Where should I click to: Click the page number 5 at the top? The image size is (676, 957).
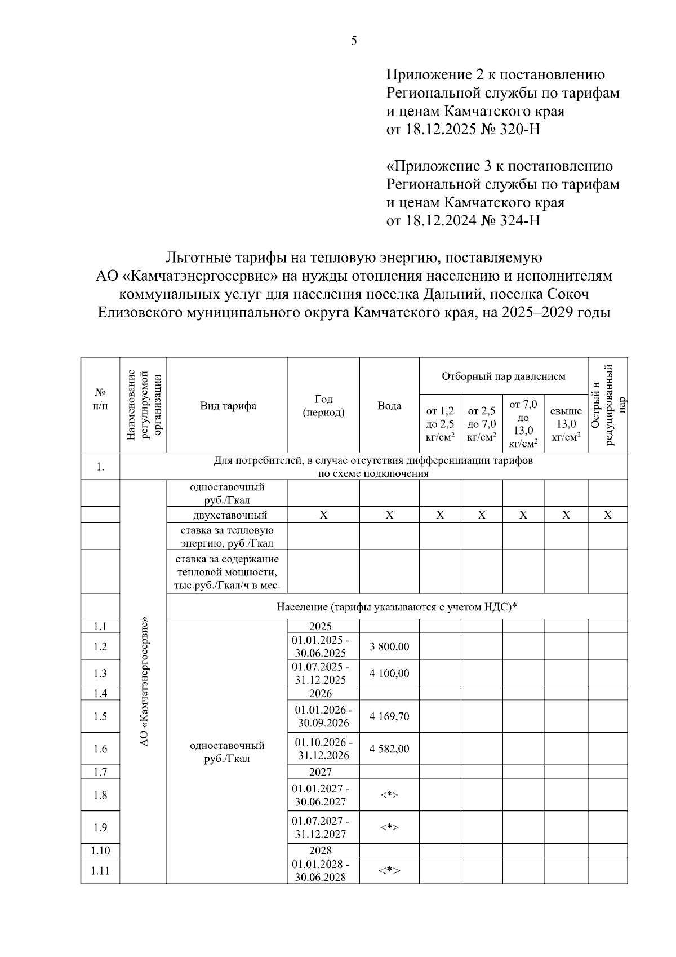354,41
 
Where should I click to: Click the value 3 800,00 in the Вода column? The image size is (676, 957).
389,646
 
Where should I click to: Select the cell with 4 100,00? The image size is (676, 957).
389,673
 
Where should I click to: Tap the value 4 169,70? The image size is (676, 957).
389,716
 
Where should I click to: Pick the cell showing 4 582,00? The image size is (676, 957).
389,748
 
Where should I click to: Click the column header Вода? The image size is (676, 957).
389,406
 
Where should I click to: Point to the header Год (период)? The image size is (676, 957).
323,406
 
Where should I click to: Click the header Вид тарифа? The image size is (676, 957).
228,406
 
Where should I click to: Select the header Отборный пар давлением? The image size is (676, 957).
503,376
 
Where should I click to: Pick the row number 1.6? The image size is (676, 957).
100,748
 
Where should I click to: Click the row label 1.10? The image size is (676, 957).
100,850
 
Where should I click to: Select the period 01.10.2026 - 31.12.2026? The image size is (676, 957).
323,748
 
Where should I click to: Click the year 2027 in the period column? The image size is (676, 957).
321,772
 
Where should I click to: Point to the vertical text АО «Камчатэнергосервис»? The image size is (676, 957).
144,682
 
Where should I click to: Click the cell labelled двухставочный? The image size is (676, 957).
228,515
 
